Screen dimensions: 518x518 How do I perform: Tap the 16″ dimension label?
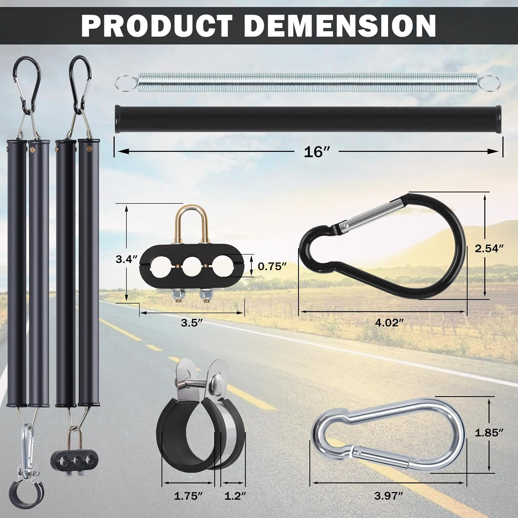(317, 152)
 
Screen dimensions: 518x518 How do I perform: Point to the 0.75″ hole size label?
(272, 266)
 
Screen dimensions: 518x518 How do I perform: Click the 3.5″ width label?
(192, 323)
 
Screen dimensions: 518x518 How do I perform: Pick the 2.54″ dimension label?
(489, 248)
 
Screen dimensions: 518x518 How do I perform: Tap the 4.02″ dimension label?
(390, 323)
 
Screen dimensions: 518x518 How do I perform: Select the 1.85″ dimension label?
(489, 433)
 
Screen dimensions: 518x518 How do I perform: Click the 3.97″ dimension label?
(388, 496)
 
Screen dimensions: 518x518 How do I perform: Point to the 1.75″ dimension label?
(188, 496)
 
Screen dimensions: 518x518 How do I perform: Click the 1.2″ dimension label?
(235, 496)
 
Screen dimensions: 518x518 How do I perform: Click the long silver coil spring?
(307, 82)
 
